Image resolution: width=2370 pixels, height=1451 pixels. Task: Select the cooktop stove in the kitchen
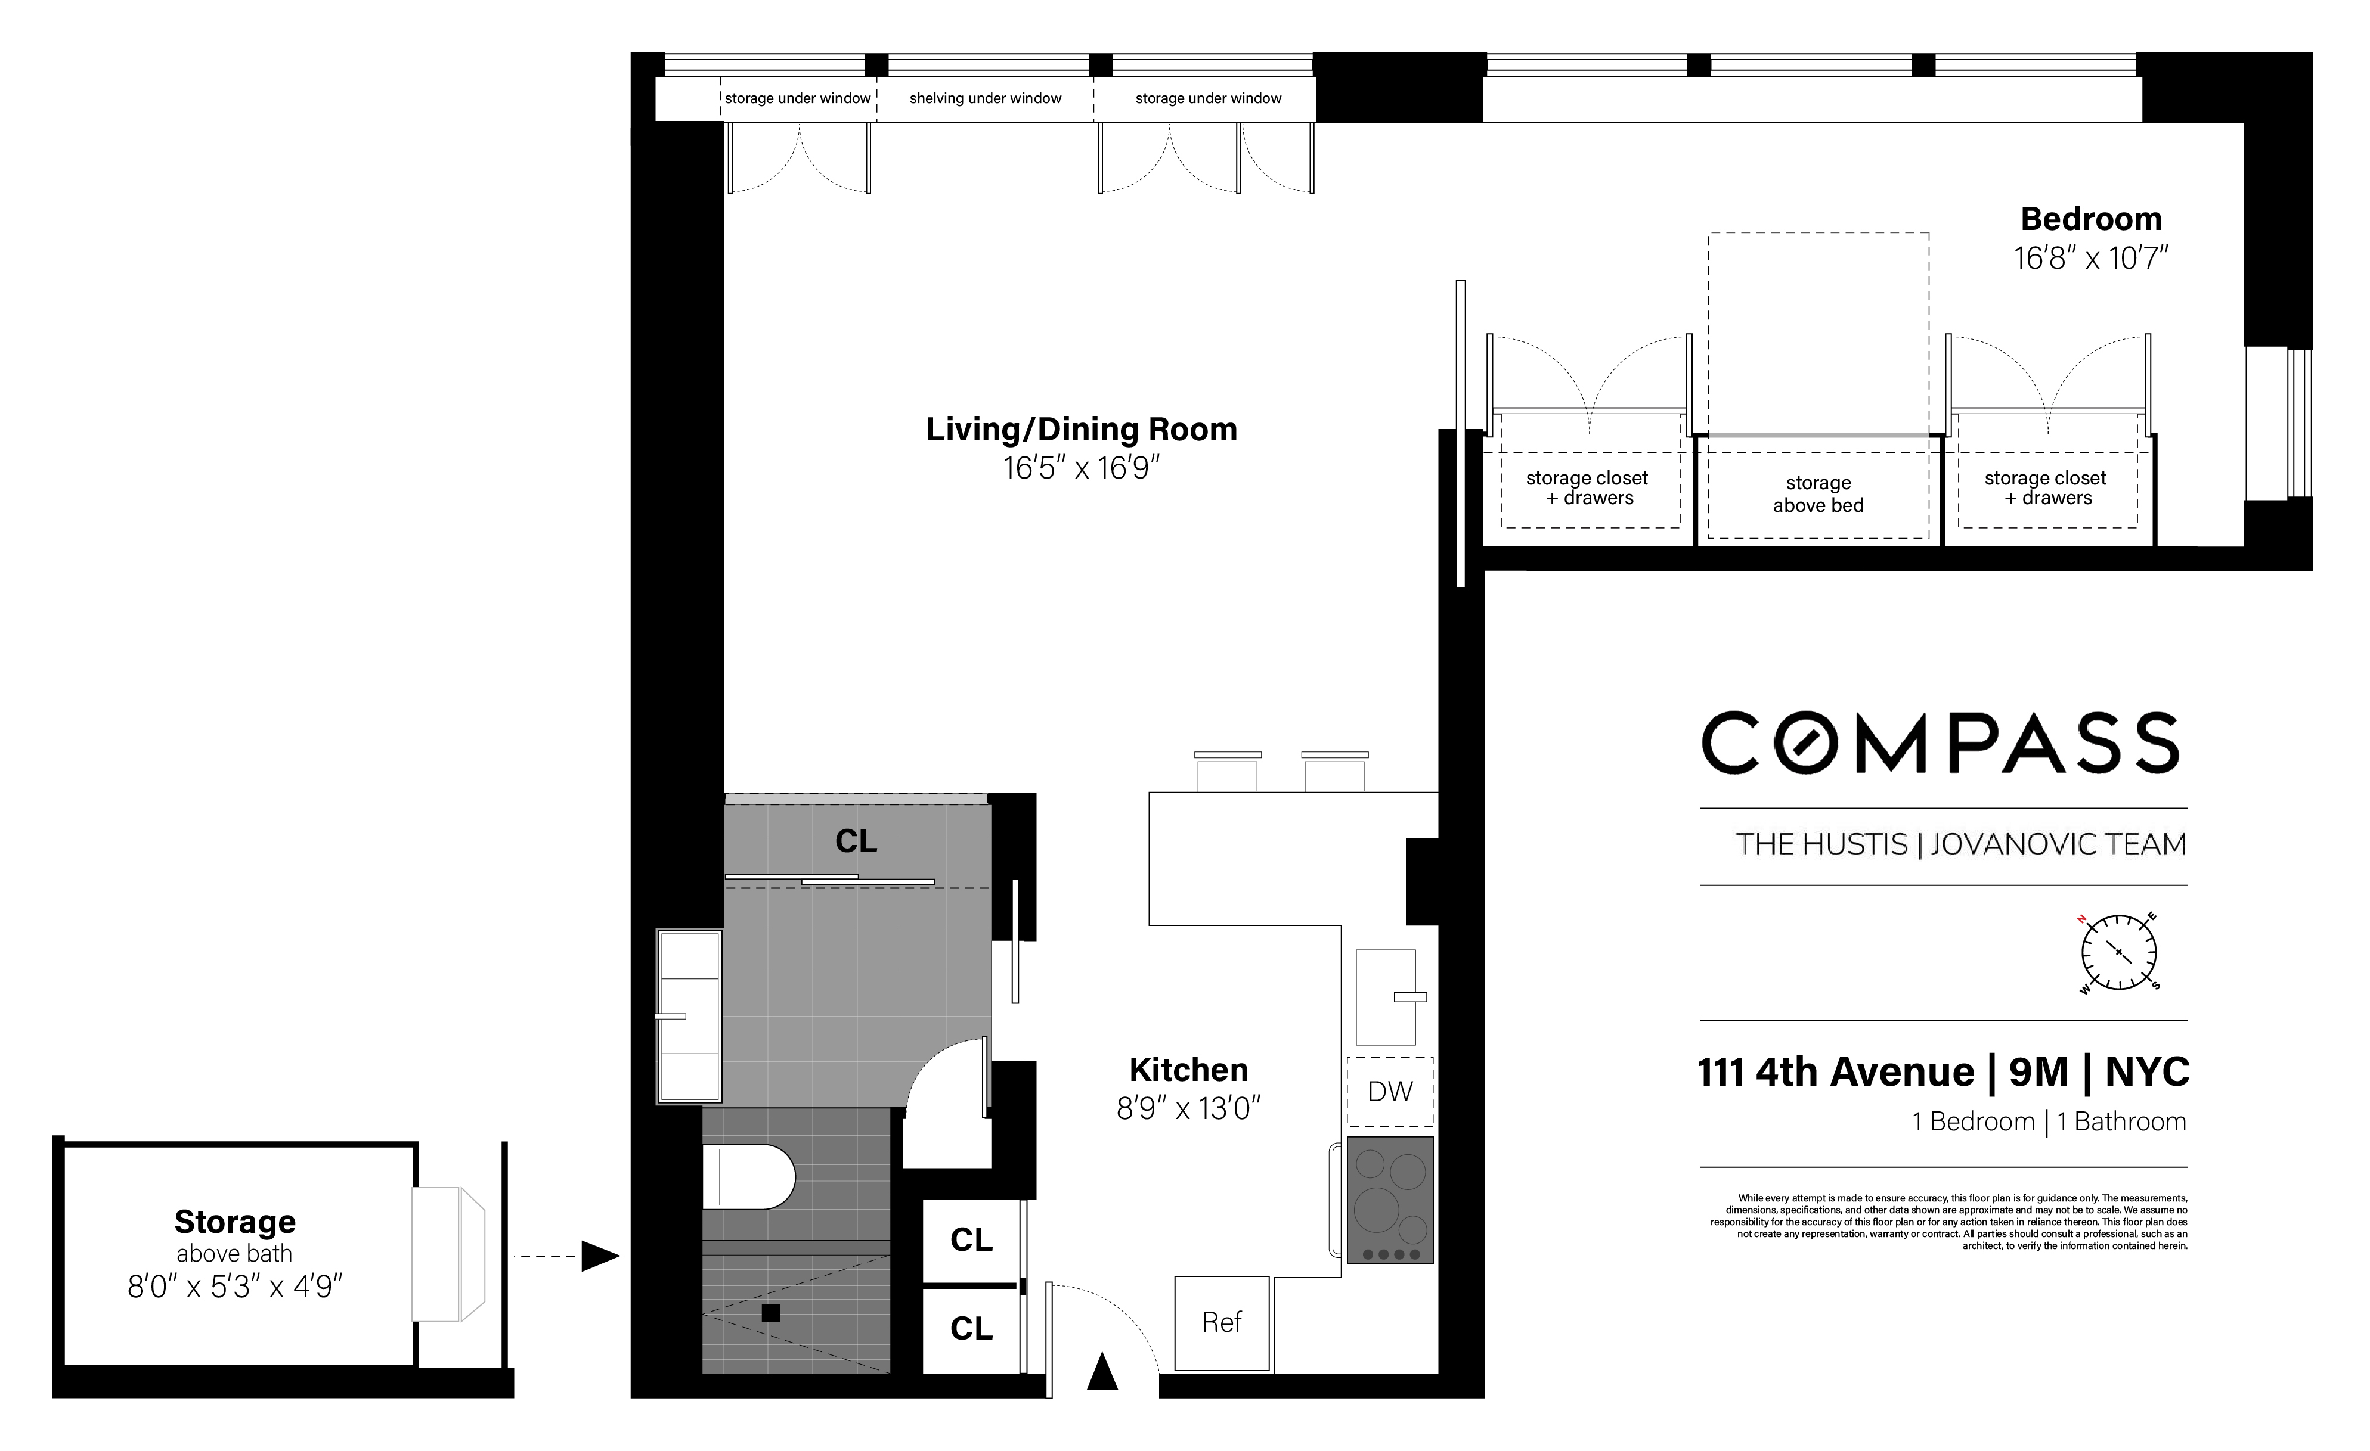pyautogui.click(x=1390, y=1200)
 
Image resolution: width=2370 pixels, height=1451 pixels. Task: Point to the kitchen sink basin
pyautogui.click(x=1385, y=997)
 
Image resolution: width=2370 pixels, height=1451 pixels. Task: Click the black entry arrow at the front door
pyautogui.click(x=1102, y=1372)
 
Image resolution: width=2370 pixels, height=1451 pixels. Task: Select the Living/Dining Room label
pyautogui.click(x=1081, y=429)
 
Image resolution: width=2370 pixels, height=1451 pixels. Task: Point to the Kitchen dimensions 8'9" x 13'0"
pyautogui.click(x=1188, y=1109)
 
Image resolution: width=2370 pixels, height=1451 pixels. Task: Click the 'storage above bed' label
pyautogui.click(x=1818, y=494)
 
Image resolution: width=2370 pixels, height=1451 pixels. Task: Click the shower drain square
pyautogui.click(x=770, y=1313)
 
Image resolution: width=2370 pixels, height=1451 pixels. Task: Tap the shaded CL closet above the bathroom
pyautogui.click(x=856, y=841)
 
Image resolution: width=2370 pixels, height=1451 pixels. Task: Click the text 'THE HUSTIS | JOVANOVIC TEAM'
pyautogui.click(x=1960, y=844)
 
